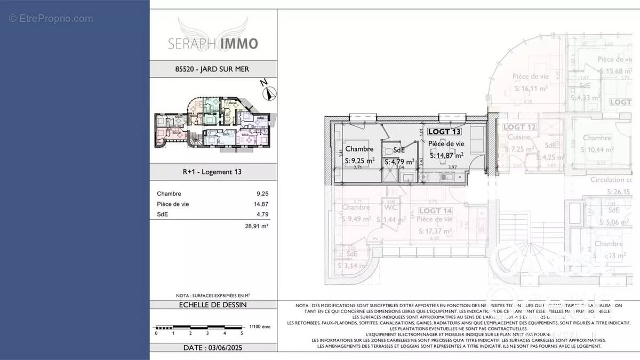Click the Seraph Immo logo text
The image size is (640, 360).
[x=213, y=43]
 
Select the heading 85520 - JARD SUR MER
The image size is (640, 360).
[x=212, y=69]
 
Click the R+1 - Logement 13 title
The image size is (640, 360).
[x=212, y=172]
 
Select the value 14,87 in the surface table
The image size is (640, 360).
[x=261, y=204]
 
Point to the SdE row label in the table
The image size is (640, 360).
[x=162, y=214]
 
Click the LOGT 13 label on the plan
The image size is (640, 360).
[x=445, y=131]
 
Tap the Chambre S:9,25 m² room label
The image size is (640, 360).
[x=359, y=155]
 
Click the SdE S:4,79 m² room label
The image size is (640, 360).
[x=399, y=156]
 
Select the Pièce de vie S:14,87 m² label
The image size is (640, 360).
[x=446, y=149]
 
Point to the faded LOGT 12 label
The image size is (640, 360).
[x=519, y=127]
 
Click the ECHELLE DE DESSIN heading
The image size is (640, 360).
[x=212, y=305]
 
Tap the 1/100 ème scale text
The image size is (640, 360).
[x=260, y=326]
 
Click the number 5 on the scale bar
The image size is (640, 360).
[x=242, y=333]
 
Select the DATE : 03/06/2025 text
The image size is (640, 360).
[x=212, y=347]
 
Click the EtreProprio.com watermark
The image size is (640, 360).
[x=51, y=19]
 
